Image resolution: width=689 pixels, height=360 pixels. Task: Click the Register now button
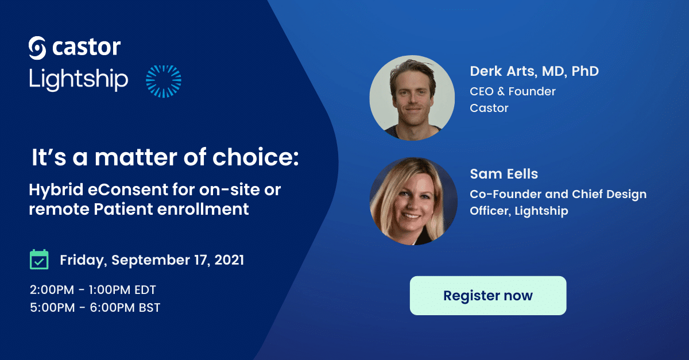tap(488, 295)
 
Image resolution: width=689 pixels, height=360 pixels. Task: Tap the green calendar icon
tap(39, 260)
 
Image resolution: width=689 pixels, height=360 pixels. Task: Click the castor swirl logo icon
tap(37, 48)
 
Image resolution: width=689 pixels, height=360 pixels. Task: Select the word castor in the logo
tap(87, 48)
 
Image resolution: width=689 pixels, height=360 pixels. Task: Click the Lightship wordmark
tap(79, 79)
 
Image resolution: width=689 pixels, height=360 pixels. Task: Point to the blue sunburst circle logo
tap(163, 81)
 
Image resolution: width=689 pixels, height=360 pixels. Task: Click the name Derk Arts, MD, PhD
tap(535, 71)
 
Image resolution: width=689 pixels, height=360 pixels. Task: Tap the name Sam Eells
tap(504, 174)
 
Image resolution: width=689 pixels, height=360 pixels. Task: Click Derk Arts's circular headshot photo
tap(412, 98)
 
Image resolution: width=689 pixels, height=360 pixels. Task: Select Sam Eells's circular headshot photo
tap(413, 201)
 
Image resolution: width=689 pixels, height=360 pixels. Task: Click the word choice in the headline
tap(256, 157)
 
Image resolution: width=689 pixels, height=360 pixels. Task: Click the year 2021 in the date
tap(229, 260)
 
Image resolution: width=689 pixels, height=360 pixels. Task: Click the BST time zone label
tap(149, 308)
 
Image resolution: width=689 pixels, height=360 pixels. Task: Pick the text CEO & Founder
tap(512, 91)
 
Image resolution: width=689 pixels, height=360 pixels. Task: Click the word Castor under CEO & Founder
tap(489, 108)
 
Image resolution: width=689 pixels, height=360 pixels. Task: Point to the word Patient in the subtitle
tap(123, 209)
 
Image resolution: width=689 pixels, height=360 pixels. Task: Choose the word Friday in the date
tap(83, 261)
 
